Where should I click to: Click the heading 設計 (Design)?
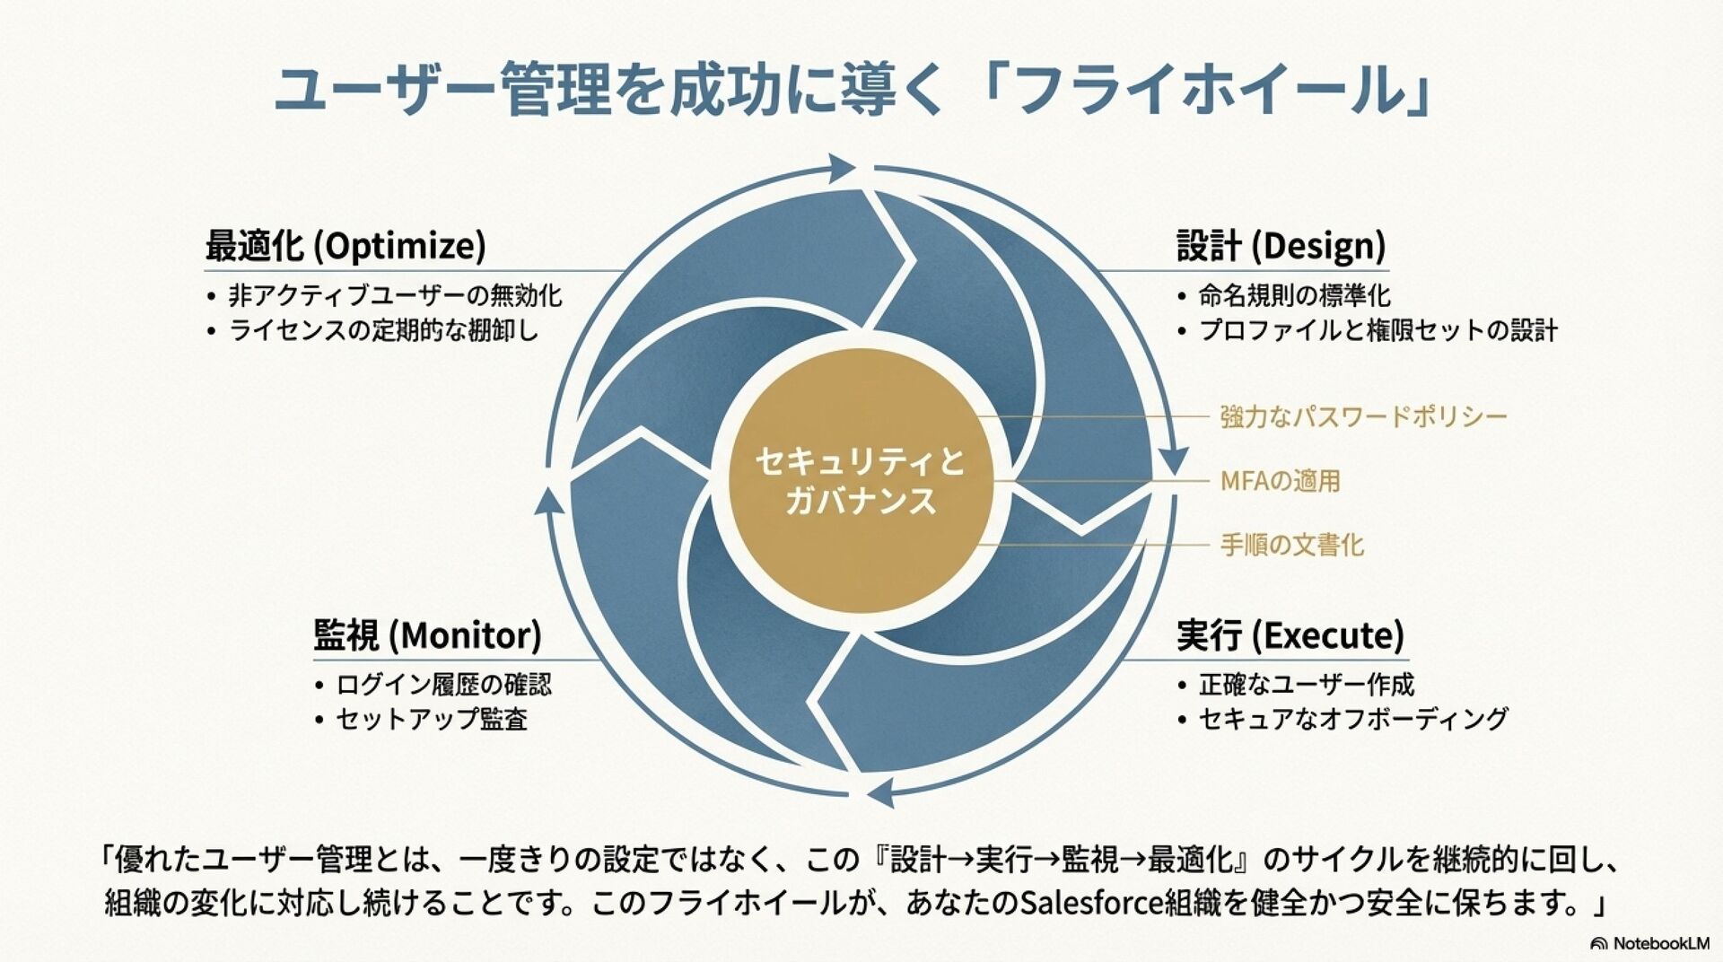[x=1281, y=245]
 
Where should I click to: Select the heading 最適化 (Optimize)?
[x=345, y=245]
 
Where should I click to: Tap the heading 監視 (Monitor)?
[x=427, y=635]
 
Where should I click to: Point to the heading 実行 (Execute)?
[x=1290, y=635]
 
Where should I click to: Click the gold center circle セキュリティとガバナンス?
[x=860, y=481]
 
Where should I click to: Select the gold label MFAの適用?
[x=1280, y=481]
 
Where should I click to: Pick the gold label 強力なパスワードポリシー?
[x=1363, y=416]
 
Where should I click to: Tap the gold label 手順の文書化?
[x=1291, y=545]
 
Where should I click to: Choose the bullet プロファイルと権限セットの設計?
[x=1378, y=330]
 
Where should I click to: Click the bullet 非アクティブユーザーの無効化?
[x=395, y=295]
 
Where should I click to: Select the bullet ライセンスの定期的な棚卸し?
[x=384, y=330]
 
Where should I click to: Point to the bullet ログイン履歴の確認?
[x=443, y=685]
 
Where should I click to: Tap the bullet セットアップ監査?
[x=431, y=719]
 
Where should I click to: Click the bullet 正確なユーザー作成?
[x=1306, y=685]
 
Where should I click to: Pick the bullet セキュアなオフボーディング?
[x=1353, y=719]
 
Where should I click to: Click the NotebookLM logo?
[x=1649, y=943]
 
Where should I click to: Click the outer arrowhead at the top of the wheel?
[x=843, y=167]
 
